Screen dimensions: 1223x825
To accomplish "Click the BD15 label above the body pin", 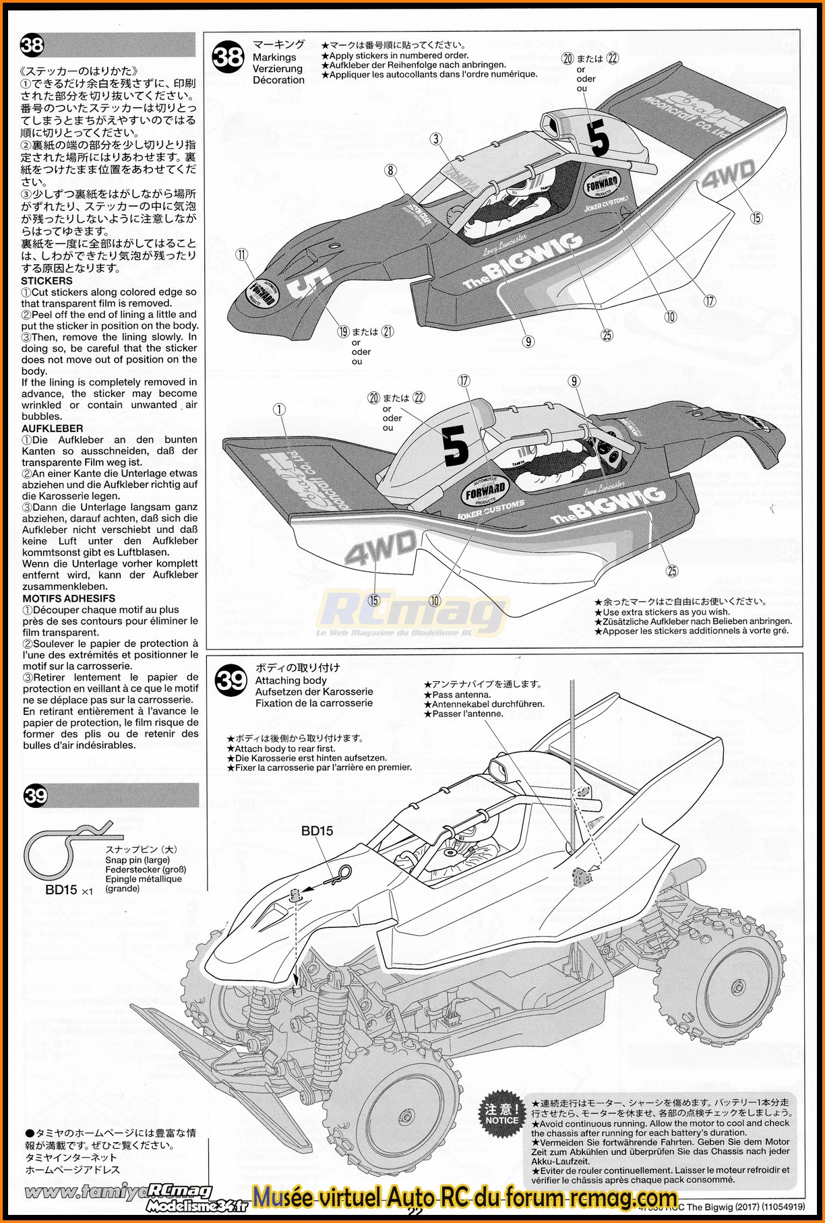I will [317, 831].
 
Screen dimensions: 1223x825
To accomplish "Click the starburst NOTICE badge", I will [501, 1115].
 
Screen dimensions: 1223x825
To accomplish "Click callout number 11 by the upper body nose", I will [242, 254].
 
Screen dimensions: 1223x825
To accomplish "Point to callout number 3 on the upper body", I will [437, 139].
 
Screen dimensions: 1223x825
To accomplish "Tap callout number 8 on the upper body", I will [391, 170].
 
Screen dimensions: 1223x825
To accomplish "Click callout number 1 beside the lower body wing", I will [279, 409].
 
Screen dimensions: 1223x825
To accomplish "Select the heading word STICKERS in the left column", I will [47, 280].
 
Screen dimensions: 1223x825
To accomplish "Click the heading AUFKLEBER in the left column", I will [53, 428].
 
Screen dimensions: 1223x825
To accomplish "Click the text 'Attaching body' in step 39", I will [291, 681].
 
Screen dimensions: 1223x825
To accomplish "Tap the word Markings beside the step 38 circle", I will [274, 57].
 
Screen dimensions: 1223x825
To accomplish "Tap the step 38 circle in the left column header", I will [32, 45].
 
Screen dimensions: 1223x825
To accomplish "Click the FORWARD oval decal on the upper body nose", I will [261, 292].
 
